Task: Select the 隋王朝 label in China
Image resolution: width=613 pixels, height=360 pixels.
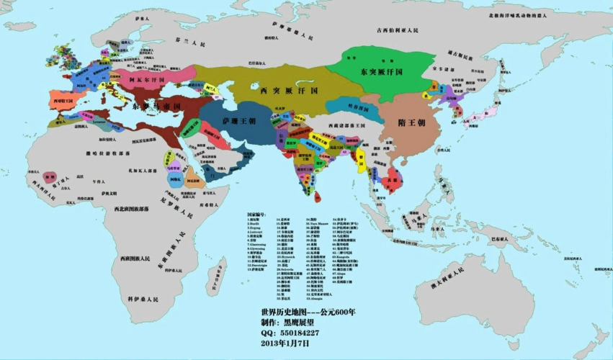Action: point(411,123)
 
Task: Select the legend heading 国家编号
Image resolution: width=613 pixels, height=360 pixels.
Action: point(256,215)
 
